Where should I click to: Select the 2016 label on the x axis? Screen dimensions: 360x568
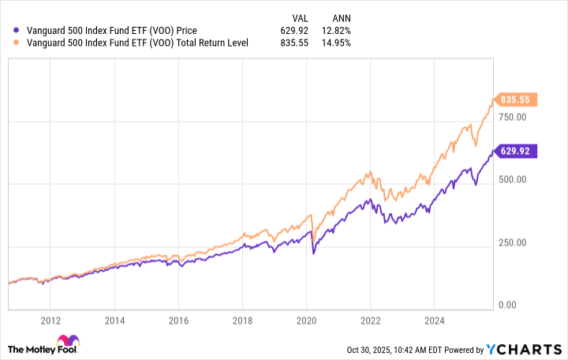tap(178, 321)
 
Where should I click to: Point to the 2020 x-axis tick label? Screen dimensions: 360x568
tap(307, 321)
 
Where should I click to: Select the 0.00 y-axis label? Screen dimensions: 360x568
tap(506, 305)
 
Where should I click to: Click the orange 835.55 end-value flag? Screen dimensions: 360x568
tap(517, 99)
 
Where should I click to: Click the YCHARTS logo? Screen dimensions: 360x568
tap(533, 348)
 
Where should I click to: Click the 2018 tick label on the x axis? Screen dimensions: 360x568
tap(242, 321)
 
